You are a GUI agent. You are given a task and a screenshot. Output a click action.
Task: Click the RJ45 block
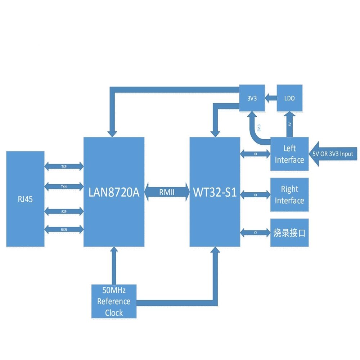25,199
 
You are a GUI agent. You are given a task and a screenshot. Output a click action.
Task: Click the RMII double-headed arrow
167,192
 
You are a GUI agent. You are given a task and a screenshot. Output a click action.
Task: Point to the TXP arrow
64,166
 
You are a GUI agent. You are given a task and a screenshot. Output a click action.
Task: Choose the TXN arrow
64,186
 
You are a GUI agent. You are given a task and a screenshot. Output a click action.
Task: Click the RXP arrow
64,209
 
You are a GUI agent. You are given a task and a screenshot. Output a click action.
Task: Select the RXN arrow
64,229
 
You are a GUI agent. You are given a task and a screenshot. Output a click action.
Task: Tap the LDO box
289,98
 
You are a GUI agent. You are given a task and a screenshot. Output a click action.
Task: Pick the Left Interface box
289,154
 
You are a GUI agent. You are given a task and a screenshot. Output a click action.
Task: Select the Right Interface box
289,194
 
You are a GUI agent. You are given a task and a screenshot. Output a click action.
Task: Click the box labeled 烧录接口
289,233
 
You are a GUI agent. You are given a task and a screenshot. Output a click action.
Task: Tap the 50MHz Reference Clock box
114,301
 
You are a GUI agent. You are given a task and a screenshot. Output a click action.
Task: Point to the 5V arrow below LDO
289,124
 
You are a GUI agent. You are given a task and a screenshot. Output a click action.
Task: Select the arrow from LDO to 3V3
271,98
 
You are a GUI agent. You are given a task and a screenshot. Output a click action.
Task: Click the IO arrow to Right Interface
255,195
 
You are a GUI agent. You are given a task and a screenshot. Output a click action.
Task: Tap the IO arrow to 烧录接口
255,233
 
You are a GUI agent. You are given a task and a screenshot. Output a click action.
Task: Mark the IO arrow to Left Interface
255,154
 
